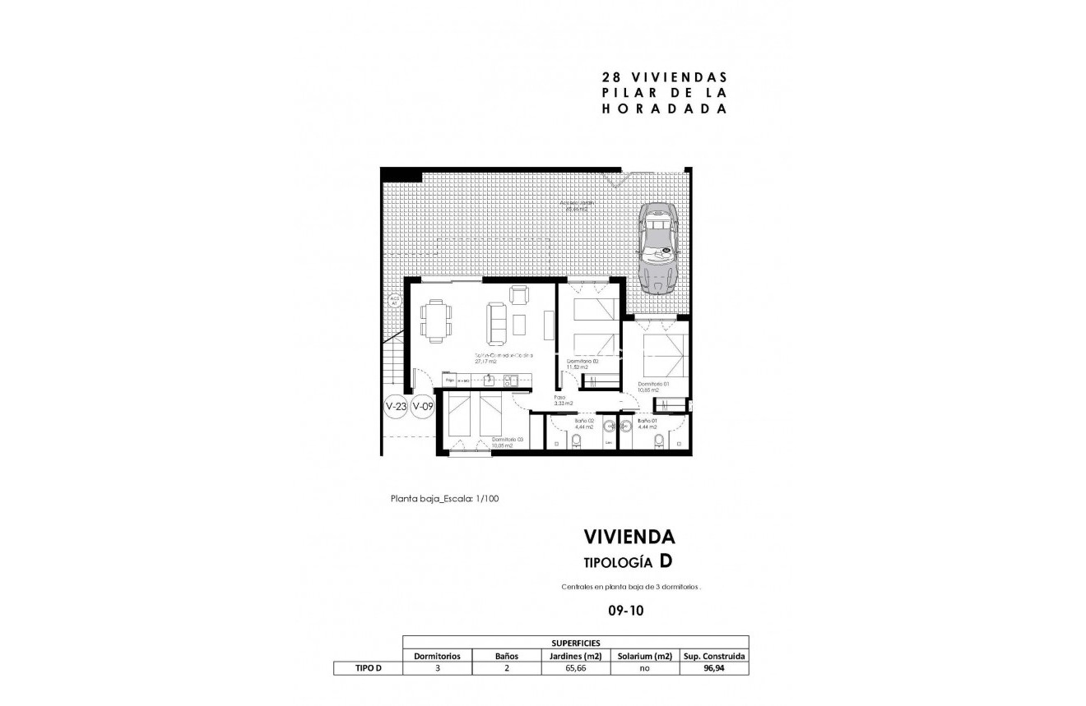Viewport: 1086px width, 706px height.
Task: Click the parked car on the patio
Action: pyautogui.click(x=659, y=248)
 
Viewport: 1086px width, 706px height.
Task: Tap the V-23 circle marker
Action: pyautogui.click(x=396, y=406)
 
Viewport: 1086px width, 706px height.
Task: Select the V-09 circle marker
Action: pyautogui.click(x=422, y=406)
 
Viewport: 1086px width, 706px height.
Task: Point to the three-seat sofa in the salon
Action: pyautogui.click(x=497, y=323)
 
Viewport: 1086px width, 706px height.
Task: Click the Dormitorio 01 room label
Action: pyautogui.click(x=653, y=386)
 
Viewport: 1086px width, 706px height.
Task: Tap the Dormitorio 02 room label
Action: pyautogui.click(x=582, y=363)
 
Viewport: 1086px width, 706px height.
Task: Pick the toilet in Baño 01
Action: pyautogui.click(x=658, y=441)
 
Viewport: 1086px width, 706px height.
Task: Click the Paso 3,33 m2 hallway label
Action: pyautogui.click(x=563, y=401)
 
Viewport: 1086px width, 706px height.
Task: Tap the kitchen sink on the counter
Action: pyautogui.click(x=489, y=380)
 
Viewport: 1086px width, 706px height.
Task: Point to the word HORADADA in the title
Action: pyautogui.click(x=665, y=108)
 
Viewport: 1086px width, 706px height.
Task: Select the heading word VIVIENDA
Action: pyautogui.click(x=629, y=537)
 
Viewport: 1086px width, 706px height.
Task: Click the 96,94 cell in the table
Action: pyautogui.click(x=714, y=669)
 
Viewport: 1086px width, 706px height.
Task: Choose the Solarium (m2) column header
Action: pyautogui.click(x=645, y=656)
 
